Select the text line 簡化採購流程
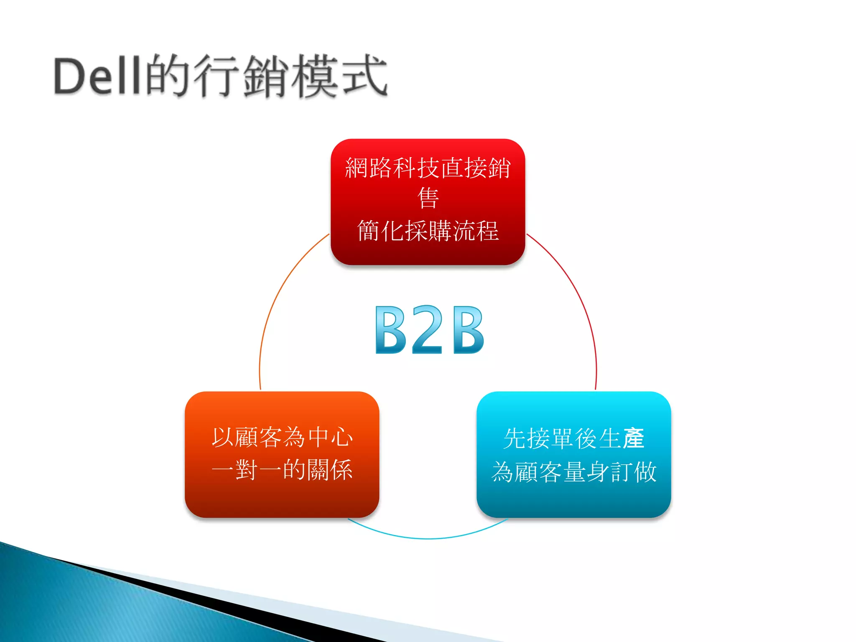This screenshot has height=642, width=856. [428, 230]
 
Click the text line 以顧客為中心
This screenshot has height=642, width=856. [282, 438]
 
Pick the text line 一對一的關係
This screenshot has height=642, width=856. [282, 470]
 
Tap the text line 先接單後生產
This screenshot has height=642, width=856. [574, 438]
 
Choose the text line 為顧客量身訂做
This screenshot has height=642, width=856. [574, 472]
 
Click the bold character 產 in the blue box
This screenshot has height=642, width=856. [633, 438]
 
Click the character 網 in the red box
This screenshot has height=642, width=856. [357, 168]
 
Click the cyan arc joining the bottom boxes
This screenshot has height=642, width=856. [428, 538]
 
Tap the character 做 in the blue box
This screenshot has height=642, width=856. [645, 472]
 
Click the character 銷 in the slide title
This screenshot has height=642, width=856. [266, 76]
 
